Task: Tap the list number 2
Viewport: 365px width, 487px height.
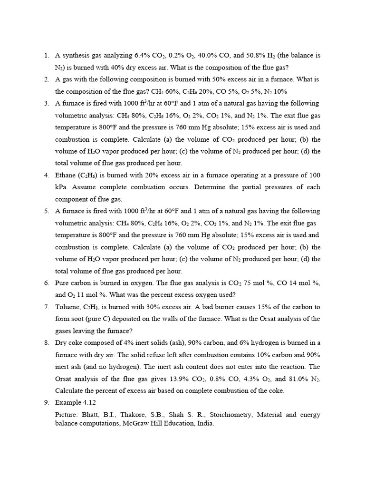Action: pos(47,79)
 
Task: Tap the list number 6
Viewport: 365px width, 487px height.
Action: pos(47,282)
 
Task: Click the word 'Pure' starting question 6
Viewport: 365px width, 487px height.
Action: pos(63,282)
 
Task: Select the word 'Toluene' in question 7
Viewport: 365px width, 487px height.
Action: pos(68,307)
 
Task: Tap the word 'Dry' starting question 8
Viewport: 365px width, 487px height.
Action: pos(62,342)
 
